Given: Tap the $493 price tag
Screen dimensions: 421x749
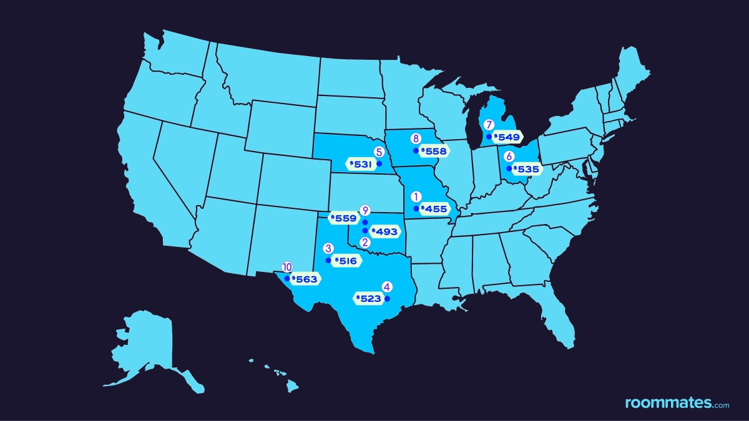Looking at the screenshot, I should pos(384,231).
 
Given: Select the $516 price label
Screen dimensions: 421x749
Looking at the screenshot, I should pos(346,261).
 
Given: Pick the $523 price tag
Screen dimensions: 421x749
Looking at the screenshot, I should pos(368,299).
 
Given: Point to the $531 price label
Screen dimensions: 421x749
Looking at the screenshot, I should pos(360,164).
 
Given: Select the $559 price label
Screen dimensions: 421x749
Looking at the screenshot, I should pos(343,219).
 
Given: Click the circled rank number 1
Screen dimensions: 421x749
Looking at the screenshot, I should pos(416,196).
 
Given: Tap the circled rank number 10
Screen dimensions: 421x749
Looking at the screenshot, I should pos(287,267).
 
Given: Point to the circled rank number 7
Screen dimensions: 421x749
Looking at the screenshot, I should pos(489,125).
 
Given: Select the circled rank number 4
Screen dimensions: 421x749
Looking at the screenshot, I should pos(387,287).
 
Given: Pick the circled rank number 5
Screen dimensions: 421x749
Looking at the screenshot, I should pos(378,152).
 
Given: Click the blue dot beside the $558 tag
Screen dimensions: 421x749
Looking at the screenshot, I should pos(416,151).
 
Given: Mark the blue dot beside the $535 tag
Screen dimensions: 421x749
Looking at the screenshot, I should pos(509,168).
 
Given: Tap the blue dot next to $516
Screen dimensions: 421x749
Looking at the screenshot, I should pos(328,260).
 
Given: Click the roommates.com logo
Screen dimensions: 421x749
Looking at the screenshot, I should pos(677,403).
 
